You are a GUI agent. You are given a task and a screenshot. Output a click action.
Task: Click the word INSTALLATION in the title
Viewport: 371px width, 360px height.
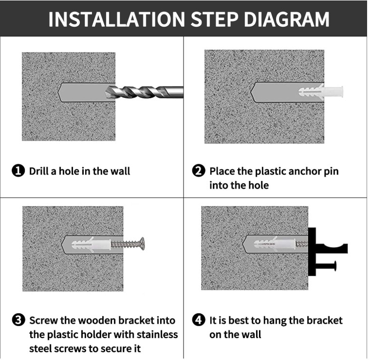[116, 19]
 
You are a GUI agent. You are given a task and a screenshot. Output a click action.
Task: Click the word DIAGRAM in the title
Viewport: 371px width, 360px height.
[287, 19]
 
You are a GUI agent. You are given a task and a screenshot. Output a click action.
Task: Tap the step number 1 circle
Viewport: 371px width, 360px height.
[18, 171]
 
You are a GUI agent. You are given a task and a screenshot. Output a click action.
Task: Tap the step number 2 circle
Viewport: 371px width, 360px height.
[199, 171]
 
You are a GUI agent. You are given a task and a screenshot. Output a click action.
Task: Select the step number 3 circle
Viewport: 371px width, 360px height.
[18, 320]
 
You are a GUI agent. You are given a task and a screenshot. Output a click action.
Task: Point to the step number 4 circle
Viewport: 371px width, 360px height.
[199, 320]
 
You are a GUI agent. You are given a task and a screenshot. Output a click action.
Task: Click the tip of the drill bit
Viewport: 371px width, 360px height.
[106, 92]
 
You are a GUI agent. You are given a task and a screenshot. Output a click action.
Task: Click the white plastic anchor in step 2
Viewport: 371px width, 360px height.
[320, 91]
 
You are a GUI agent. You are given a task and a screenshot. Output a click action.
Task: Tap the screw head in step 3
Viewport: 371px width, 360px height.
[142, 244]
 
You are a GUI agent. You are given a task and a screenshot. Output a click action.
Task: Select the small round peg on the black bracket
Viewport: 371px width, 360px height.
[327, 266]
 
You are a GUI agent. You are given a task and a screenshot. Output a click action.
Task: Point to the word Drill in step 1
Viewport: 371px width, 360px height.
[41, 171]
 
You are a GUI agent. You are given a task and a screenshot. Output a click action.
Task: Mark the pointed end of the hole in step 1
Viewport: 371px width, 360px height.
[58, 92]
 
